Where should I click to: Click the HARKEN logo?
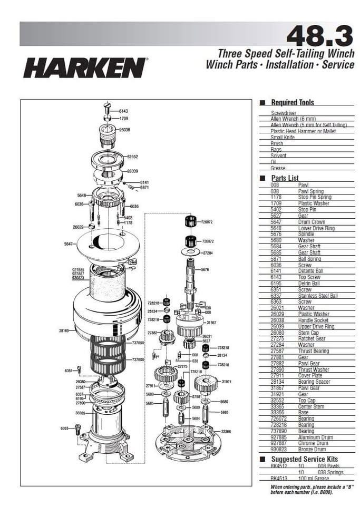point(85,67)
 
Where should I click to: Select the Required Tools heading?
point(292,102)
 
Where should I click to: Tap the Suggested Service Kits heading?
point(304,459)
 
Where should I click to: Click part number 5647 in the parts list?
point(277,222)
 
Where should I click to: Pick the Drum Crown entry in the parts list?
point(312,222)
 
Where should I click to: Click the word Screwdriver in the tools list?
point(284,113)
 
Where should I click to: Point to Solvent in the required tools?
point(278,155)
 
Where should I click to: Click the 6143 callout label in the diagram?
point(123,111)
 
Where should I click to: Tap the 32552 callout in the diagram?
point(132,157)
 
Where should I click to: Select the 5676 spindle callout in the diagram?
point(205,269)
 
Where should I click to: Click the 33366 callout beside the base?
point(226,431)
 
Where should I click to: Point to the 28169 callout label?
point(64,330)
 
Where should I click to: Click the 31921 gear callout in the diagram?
point(227,381)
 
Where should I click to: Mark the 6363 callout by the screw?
point(64,428)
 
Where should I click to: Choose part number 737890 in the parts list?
point(277,431)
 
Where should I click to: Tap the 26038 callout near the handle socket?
point(125,130)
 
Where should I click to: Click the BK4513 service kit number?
point(279,478)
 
